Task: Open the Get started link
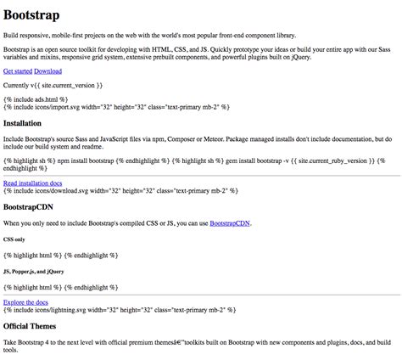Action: [x=17, y=71]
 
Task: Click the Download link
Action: [x=47, y=71]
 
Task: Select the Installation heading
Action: [x=31, y=124]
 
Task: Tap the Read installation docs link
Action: [x=33, y=183]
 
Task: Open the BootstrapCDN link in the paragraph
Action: [x=232, y=223]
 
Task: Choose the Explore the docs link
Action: [x=25, y=301]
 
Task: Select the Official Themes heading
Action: [x=38, y=325]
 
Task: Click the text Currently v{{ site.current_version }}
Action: [x=53, y=87]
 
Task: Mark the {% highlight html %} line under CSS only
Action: [x=59, y=254]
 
